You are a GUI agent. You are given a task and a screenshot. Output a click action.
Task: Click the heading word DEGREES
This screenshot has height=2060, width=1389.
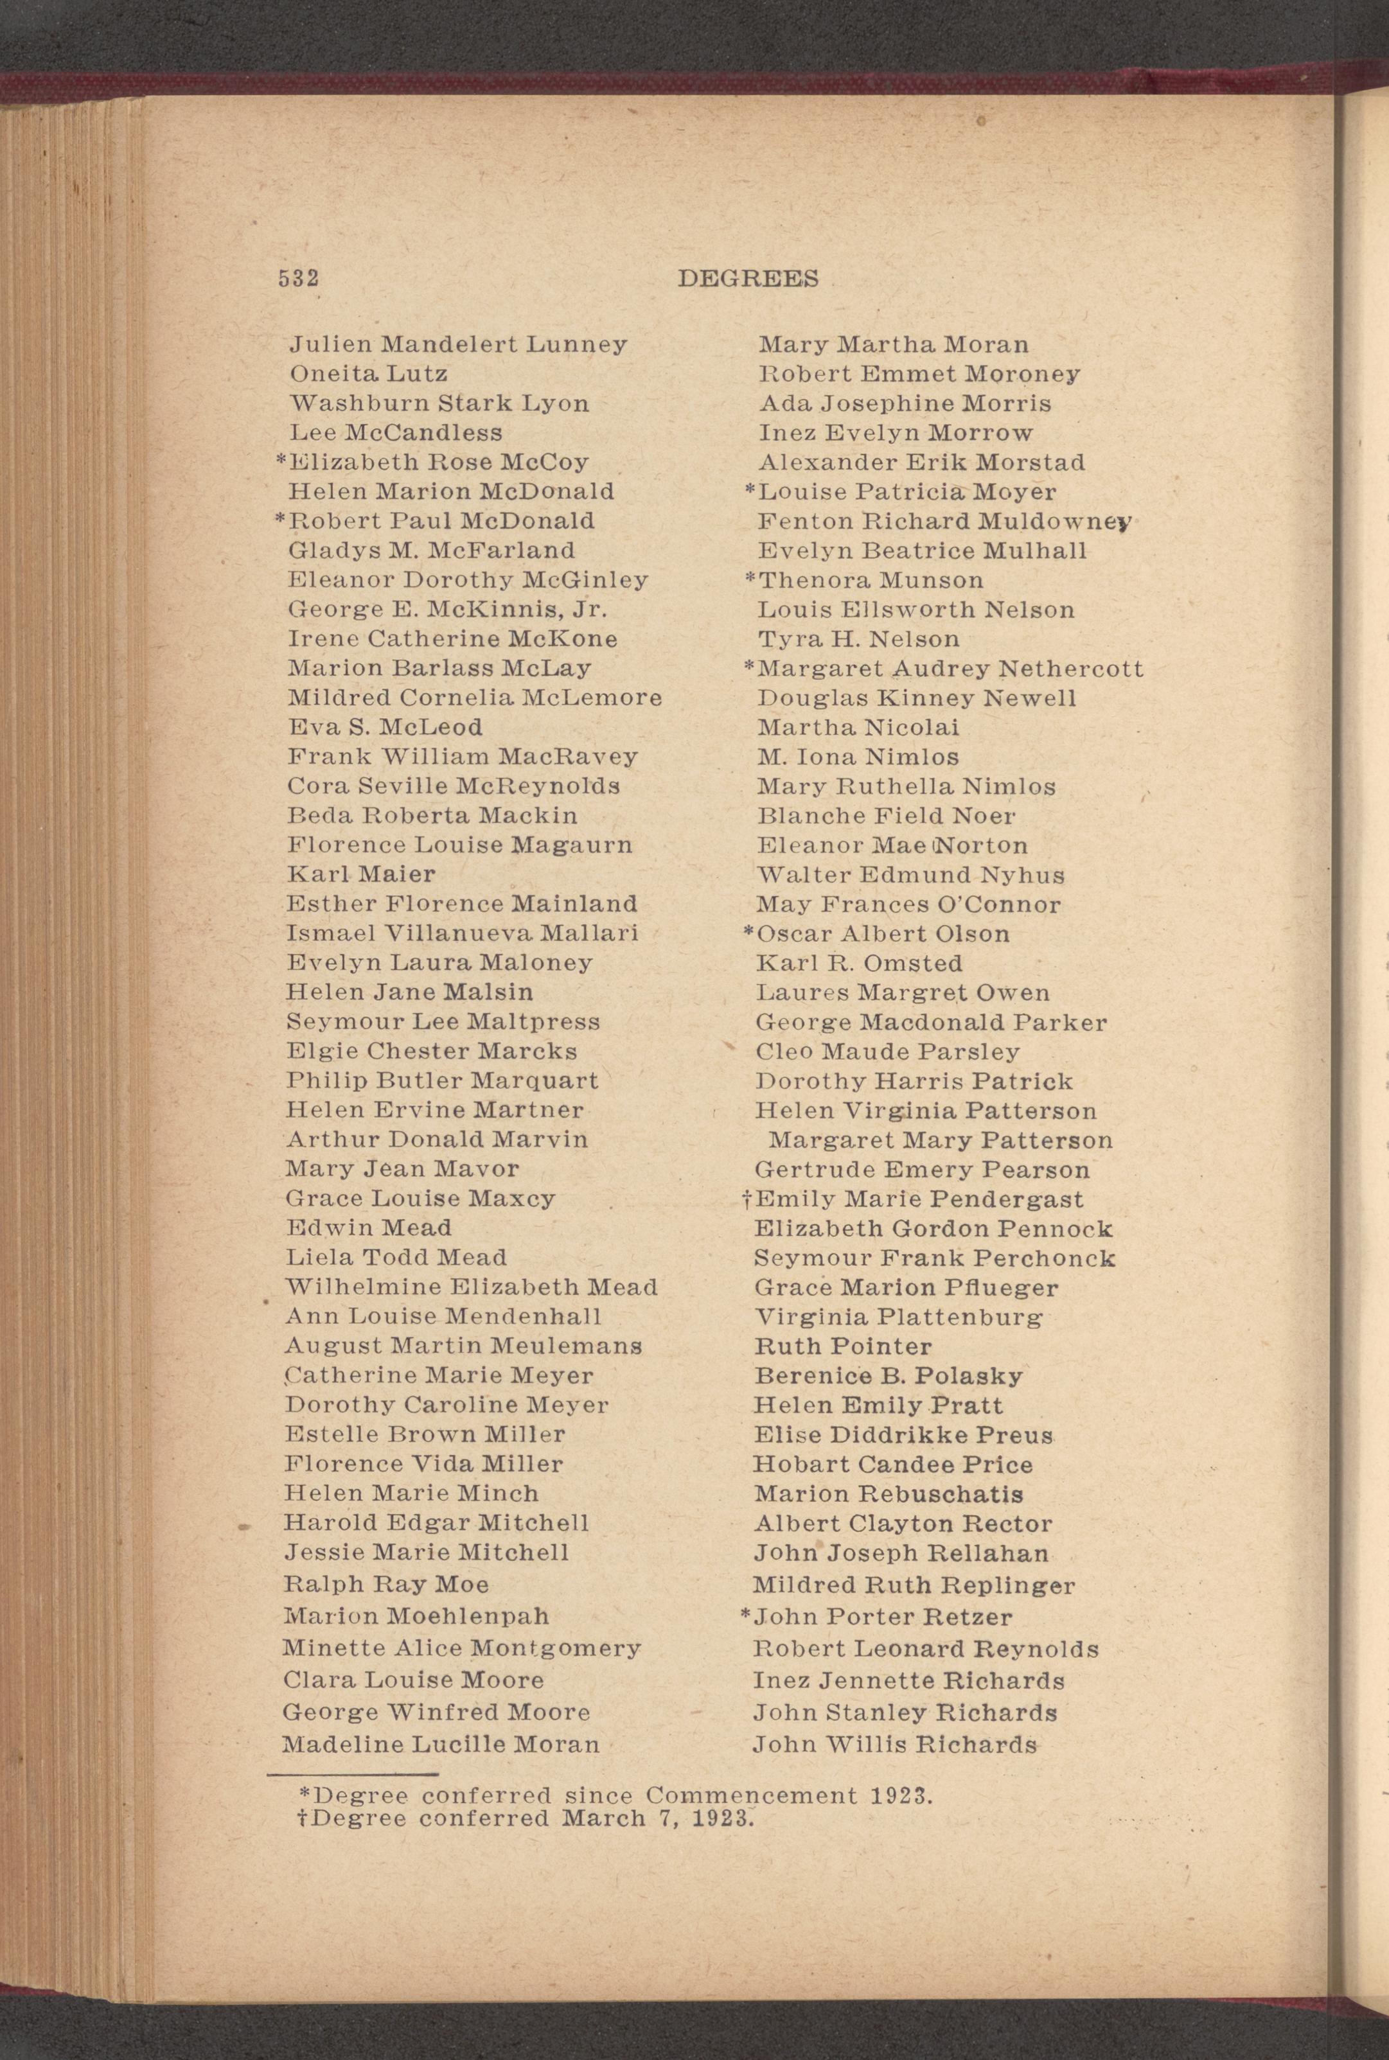[x=748, y=278]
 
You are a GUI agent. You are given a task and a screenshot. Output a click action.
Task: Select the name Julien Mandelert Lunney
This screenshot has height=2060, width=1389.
[x=458, y=344]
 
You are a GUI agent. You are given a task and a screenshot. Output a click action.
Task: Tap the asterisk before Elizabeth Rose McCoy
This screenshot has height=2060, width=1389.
[x=281, y=461]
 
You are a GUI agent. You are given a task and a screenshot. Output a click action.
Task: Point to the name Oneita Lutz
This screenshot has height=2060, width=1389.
[x=369, y=374]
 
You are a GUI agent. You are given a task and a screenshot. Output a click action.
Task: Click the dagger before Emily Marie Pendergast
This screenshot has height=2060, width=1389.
[x=747, y=1199]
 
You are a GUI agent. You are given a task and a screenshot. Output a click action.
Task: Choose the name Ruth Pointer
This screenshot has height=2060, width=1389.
[x=842, y=1346]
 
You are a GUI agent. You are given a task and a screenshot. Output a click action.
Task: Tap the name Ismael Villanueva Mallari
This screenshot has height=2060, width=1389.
[x=461, y=933]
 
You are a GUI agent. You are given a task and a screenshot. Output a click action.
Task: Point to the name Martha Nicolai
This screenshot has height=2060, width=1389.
[x=858, y=728]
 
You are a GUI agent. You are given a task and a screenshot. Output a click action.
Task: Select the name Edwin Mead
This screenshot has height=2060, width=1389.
[x=369, y=1228]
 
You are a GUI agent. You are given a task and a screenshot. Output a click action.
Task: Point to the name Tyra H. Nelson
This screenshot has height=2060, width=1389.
[x=858, y=638]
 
